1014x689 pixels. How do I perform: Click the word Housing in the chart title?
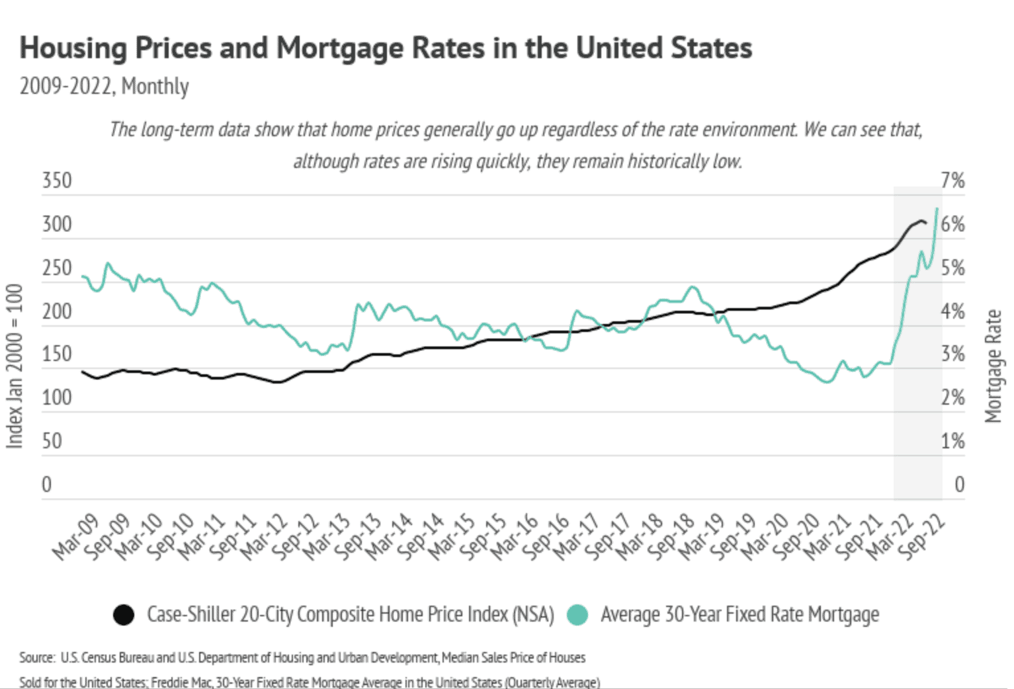pos(73,48)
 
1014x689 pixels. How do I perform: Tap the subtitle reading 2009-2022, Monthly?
pos(104,87)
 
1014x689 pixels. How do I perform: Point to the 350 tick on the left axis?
pos(57,181)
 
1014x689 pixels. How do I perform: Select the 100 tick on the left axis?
pos(57,398)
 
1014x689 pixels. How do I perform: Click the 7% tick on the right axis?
pos(952,181)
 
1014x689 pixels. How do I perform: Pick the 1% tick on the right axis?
pos(952,441)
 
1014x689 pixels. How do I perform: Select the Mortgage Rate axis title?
pos(993,366)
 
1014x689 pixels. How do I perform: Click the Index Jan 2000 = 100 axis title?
pos(15,366)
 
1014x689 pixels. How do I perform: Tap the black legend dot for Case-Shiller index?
pos(124,615)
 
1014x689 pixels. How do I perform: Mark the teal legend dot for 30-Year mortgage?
pos(577,615)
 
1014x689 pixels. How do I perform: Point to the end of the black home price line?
pos(925,223)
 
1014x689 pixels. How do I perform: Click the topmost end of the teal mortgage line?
pos(937,209)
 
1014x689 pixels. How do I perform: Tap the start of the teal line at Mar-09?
pos(83,276)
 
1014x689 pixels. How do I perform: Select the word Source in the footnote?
pos(37,658)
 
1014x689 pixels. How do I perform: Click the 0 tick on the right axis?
pos(959,485)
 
